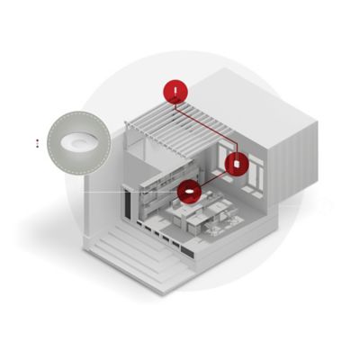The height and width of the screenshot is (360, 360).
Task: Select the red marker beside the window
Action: [x=236, y=164]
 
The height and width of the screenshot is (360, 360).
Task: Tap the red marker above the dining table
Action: [x=188, y=191]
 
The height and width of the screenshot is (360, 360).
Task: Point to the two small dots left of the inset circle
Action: [x=37, y=142]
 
